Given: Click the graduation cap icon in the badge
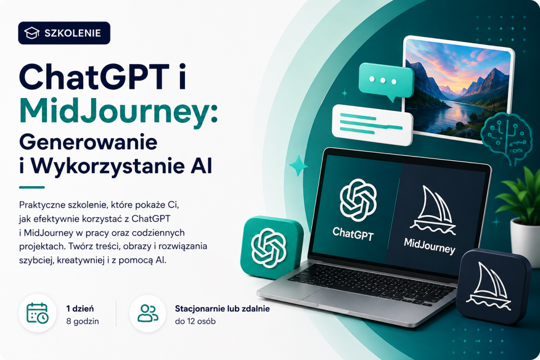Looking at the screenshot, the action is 32,33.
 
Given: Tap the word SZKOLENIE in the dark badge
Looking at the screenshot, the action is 72,33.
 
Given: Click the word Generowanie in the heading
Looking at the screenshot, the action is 88,142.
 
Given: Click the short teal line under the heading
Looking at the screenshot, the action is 32,187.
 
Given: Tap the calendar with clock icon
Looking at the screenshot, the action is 37,313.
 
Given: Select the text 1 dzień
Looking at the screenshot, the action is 80,309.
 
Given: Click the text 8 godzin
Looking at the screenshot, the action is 82,321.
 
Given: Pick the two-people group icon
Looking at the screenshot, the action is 148,313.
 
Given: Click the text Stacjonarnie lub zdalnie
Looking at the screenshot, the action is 222,309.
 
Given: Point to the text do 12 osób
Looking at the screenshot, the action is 195,321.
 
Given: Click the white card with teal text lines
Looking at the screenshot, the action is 373,125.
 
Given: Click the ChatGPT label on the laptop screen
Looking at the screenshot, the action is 353,234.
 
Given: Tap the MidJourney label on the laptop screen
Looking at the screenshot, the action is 430,246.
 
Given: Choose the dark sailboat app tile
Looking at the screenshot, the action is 493,287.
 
